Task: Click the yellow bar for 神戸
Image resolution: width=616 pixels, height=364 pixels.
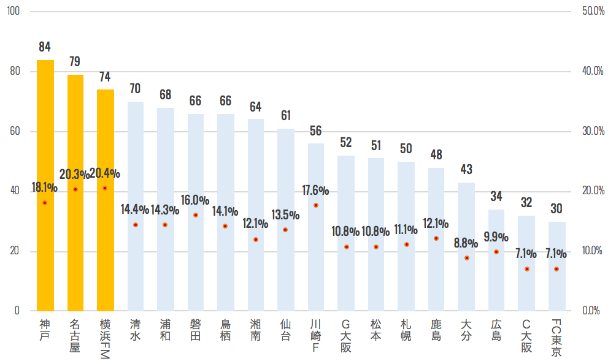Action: coord(45,184)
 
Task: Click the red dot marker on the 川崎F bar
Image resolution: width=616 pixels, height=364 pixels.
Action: coord(316,205)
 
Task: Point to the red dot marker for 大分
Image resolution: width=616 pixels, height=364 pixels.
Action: coord(467,258)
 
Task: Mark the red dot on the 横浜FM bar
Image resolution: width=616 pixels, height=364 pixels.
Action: coord(105,188)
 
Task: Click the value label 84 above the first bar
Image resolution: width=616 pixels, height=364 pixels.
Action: coord(45,47)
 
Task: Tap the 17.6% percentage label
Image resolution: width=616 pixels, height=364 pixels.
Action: coord(315,191)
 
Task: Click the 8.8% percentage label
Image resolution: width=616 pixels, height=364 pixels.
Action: coord(466,243)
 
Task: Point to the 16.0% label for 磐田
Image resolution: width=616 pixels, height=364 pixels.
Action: coord(195,200)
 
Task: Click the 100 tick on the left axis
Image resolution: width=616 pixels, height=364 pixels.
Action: coord(13,12)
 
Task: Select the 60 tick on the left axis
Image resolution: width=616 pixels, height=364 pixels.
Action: coord(15,131)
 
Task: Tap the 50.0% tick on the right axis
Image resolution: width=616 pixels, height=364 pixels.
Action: coord(592,12)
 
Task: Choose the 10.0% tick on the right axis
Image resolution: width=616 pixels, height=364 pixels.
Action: coord(592,251)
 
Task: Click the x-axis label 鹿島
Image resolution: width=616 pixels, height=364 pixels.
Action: coord(437,330)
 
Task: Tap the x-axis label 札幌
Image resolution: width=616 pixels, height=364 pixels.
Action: coord(406,330)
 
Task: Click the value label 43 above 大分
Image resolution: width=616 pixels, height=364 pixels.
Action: coord(466,169)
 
